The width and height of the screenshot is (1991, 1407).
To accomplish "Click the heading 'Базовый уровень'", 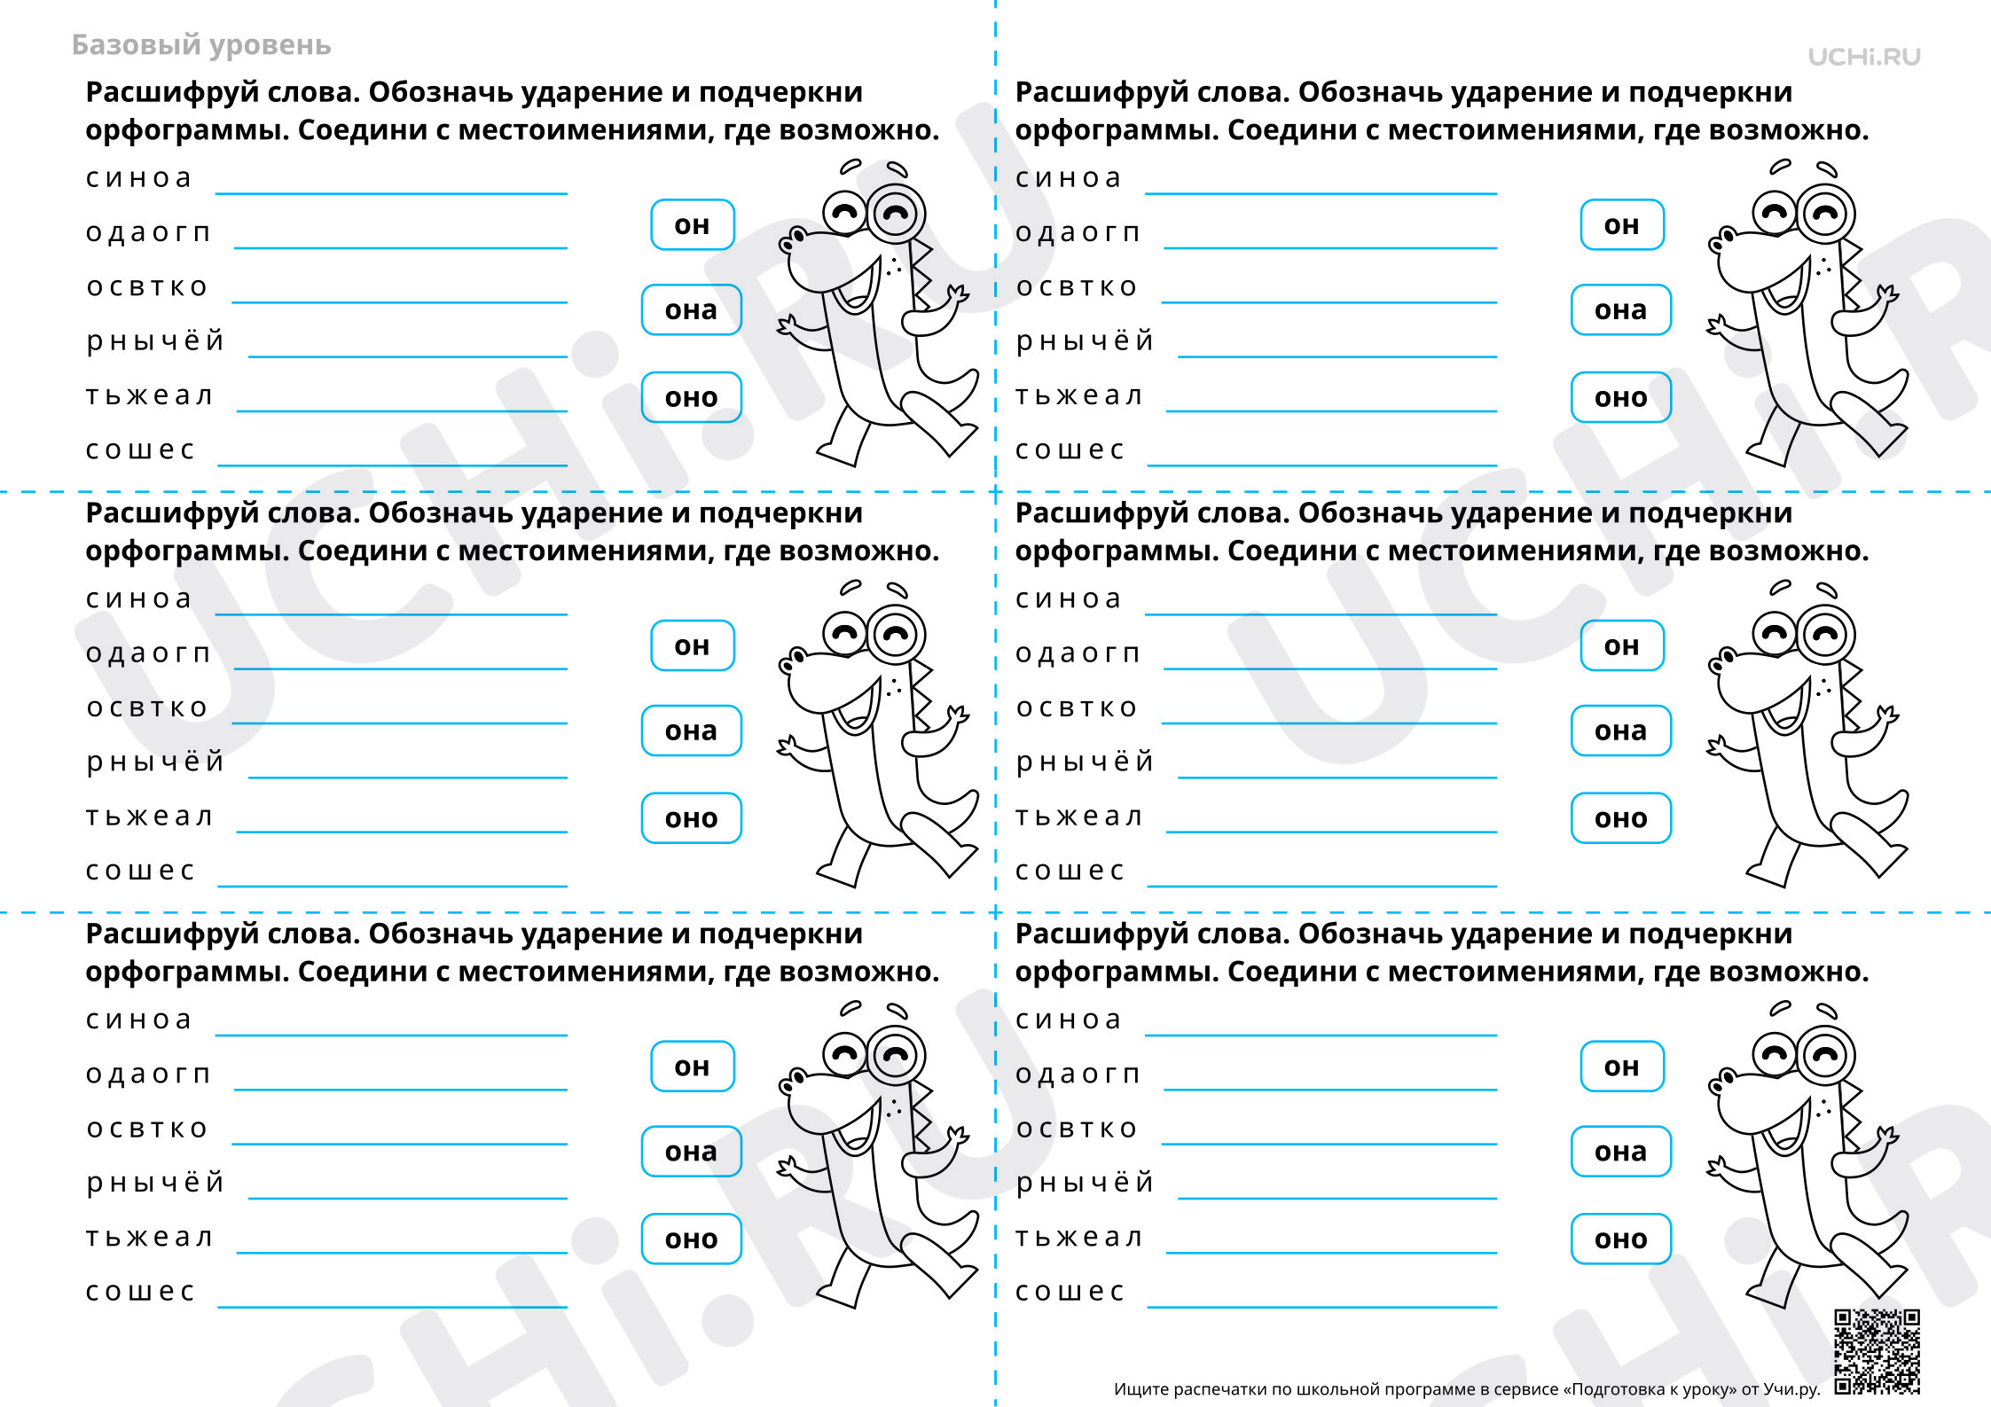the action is [x=201, y=45].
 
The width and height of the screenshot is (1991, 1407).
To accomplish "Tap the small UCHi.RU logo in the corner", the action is [x=1864, y=57].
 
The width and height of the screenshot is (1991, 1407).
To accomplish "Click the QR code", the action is [x=1877, y=1351].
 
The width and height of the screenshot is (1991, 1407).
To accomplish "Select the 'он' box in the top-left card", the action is [x=692, y=225].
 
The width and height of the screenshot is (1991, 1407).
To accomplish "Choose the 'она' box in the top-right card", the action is [x=1621, y=310].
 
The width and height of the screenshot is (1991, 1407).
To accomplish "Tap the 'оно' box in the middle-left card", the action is [x=692, y=818].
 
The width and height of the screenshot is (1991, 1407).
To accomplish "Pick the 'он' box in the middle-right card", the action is [x=1622, y=646].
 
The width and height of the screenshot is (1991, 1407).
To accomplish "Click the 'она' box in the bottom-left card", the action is [x=692, y=1152].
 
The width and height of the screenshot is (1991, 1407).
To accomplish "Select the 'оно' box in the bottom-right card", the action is [x=1621, y=1239].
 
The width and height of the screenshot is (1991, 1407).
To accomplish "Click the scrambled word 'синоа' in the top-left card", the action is [x=138, y=178].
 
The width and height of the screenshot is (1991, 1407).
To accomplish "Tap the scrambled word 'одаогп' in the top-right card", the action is [x=1078, y=233].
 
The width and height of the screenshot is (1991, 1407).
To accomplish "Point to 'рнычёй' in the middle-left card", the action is [x=155, y=762].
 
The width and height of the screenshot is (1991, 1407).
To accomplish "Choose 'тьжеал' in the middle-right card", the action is [x=1078, y=817].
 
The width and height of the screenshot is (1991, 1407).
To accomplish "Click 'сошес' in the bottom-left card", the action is [x=140, y=1292].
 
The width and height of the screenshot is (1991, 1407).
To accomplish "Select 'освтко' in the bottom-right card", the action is [x=1077, y=1129].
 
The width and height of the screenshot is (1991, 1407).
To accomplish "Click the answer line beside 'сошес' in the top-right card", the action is [x=1321, y=465].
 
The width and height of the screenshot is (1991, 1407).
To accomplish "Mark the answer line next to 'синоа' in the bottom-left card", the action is [x=391, y=1035].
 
